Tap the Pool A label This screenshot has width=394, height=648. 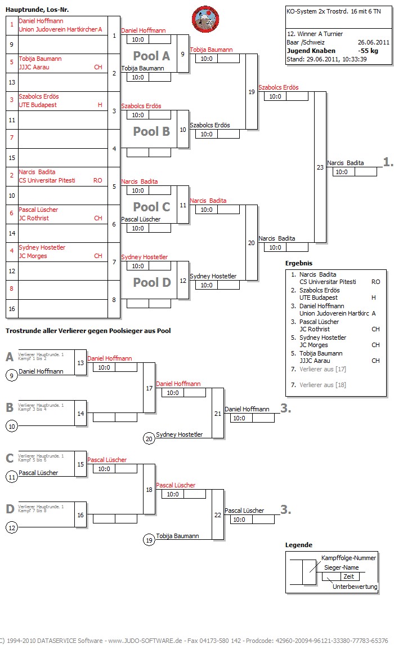[x=151, y=56]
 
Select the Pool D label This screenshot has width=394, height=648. [x=151, y=282]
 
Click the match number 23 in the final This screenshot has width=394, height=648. [x=320, y=167]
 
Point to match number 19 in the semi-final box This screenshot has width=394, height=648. [x=251, y=92]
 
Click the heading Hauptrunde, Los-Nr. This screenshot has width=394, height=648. [x=37, y=10]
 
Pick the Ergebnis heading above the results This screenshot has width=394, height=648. [x=299, y=263]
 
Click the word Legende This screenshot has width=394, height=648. [x=299, y=545]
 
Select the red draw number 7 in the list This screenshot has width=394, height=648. [x=12, y=137]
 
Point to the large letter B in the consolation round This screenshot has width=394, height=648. [x=10, y=407]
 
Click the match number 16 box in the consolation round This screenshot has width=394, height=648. [x=80, y=515]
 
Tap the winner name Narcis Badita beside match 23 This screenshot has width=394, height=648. [x=345, y=163]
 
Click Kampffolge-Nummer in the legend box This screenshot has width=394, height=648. [x=348, y=558]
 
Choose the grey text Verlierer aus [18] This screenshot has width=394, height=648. [x=323, y=385]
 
